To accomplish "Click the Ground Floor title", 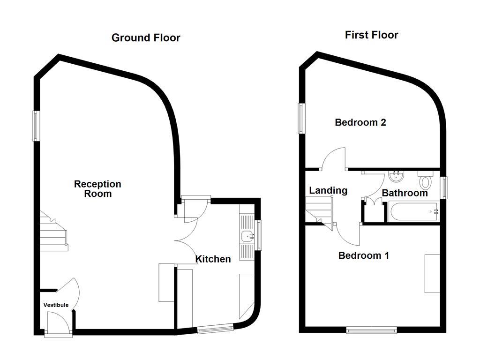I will pos(146,38).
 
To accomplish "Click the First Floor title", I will pos(371,35).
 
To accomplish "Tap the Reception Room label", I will pos(97,188).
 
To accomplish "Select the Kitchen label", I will pos(213,259).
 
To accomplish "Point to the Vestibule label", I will pos(56,305).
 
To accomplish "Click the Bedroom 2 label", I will pos(360,122).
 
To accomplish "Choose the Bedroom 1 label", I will pos(364,255).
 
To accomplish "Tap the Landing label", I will pos(328,190).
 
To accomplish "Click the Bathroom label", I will pos(405,193).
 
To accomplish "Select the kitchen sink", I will pos(247,236).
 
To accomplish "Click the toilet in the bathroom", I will pos(426,180).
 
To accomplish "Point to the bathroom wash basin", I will pos(397,176).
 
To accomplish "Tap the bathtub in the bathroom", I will pos(413,212).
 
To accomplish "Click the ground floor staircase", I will pos(53,232).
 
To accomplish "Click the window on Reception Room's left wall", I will pos(36,126).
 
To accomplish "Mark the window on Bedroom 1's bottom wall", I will pos(372,330).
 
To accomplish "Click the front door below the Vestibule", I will pos(59,323).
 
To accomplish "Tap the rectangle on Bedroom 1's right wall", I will pos(432,274).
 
